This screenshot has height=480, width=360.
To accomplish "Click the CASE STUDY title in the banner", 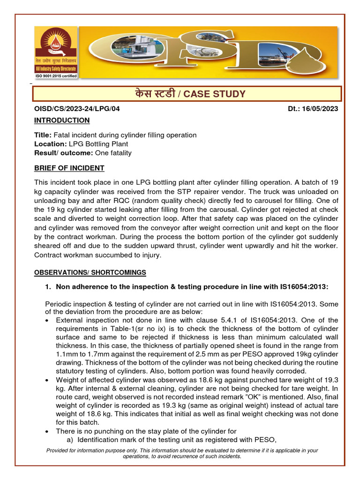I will (x=187, y=94).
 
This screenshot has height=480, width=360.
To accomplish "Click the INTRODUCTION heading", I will (x=62, y=120).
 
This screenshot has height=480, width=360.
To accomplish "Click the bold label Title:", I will (x=44, y=135).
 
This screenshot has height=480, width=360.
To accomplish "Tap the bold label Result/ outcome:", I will (x=64, y=153).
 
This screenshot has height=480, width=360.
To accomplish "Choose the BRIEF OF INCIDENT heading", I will (x=69, y=168).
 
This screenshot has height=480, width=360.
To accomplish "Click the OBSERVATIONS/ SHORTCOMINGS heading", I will (x=90, y=272).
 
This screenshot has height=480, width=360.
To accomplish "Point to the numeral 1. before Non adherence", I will (x=48, y=287).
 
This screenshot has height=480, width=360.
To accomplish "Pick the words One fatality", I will (x=113, y=153).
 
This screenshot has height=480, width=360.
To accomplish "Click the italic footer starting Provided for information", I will (x=182, y=453).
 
